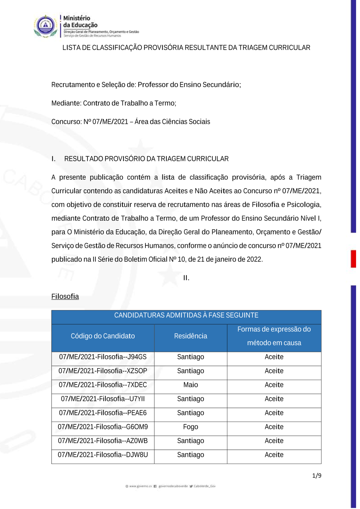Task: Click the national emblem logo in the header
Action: tap(45, 26)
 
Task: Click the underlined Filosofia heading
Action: tap(65, 296)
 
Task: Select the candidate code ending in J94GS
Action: tap(103, 357)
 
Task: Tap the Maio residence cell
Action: tap(190, 385)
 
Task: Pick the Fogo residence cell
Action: tap(190, 427)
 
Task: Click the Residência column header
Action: tap(190, 336)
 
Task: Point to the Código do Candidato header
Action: tap(103, 336)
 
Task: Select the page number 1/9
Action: tap(316, 476)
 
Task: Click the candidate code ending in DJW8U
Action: tap(103, 455)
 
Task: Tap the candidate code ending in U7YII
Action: tap(103, 399)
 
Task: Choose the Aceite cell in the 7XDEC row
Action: tap(274, 385)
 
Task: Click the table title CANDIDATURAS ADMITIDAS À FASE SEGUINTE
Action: tap(186, 315)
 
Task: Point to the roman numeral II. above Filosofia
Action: tap(186, 278)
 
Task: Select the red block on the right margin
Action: tap(354, 258)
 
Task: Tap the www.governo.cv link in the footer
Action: tap(140, 486)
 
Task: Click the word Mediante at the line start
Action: tap(66, 103)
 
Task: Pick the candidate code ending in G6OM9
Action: tap(103, 427)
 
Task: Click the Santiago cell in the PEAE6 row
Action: tap(190, 413)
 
